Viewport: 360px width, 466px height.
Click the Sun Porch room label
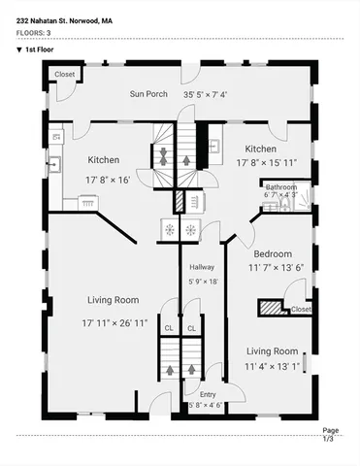(149, 95)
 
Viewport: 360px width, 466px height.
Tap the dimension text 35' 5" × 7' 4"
(205, 95)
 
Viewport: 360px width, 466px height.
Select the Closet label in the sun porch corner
(64, 75)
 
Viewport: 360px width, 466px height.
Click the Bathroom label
(281, 186)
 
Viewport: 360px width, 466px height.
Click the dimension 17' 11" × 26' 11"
(115, 322)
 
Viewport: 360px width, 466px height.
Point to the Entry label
(208, 394)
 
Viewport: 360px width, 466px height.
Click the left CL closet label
(169, 329)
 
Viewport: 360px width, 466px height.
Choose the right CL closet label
(191, 329)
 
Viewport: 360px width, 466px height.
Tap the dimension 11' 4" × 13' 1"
(271, 365)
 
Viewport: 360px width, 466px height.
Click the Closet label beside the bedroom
(301, 309)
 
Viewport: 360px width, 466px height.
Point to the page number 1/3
(329, 439)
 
